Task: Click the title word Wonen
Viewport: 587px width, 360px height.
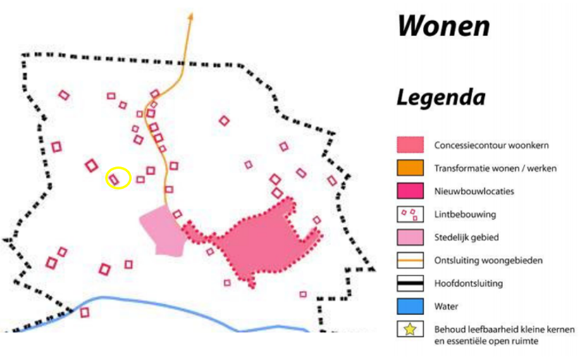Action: coord(443,26)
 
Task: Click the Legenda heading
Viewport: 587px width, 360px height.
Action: coord(440,97)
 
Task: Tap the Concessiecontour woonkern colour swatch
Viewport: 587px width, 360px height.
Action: coord(408,145)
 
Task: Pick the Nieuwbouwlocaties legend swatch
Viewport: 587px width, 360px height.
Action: coord(408,191)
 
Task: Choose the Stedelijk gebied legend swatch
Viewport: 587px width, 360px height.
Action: coord(408,237)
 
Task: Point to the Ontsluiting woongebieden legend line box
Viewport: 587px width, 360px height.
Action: coord(408,260)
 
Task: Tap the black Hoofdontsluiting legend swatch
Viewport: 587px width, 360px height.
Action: coord(408,283)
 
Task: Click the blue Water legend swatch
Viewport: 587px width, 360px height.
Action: coord(408,306)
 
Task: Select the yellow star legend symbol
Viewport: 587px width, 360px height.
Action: coord(408,329)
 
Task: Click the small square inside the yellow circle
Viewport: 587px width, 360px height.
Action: coord(115,178)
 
